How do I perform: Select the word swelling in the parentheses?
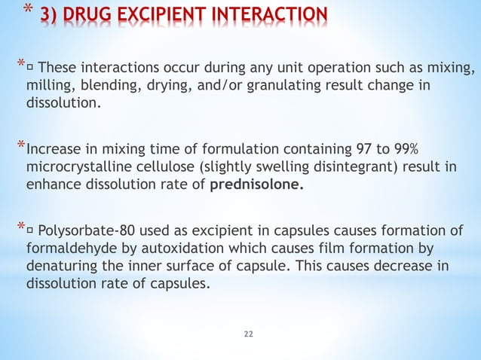[270, 165]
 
